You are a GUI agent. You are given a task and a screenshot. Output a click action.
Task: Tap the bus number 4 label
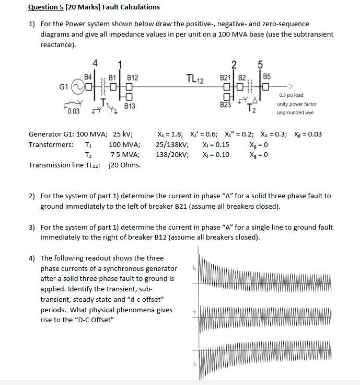[x=95, y=63]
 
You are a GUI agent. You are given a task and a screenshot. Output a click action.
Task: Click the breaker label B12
[x=132, y=77]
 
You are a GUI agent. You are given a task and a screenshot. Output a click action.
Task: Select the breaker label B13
[x=130, y=106]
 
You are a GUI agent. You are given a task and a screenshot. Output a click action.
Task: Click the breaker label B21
[x=225, y=78]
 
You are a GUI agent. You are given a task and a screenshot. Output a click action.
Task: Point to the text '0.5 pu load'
[x=291, y=95]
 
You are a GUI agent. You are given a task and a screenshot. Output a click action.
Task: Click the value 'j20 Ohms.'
[x=124, y=165]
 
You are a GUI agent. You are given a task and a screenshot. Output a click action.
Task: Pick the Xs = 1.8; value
[x=170, y=134]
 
